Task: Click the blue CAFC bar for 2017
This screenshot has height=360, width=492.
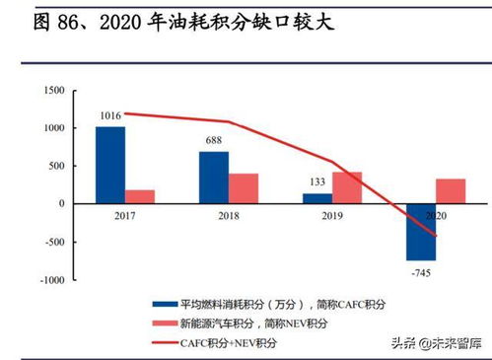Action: [x=110, y=165]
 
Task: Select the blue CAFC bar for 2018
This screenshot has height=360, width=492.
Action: [x=213, y=178]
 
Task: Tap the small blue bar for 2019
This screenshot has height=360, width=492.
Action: [x=316, y=198]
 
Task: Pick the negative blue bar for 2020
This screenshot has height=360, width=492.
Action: [x=420, y=232]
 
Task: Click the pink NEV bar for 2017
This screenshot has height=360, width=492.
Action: [x=140, y=196]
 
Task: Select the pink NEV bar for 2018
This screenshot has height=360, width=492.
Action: [x=244, y=188]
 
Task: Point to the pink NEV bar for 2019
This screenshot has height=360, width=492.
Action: [x=347, y=187]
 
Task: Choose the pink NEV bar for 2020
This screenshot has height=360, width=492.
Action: [x=451, y=191]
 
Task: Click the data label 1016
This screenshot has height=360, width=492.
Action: [x=110, y=117]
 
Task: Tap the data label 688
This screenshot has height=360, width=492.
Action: [x=213, y=143]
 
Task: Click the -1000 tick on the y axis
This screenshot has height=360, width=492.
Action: [x=50, y=280]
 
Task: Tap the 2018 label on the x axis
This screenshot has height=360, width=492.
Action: [x=229, y=214]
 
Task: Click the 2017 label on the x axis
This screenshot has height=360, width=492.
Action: [x=125, y=214]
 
